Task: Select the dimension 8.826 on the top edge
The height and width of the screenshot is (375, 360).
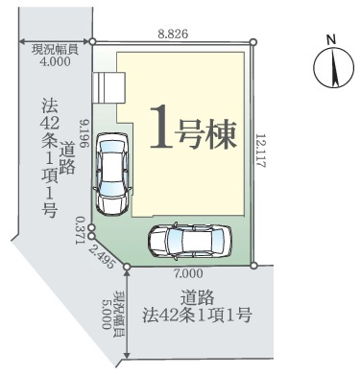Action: [x=174, y=32]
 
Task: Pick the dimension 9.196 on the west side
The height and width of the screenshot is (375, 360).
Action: [x=86, y=134]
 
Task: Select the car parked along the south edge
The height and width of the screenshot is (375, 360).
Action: [x=190, y=243]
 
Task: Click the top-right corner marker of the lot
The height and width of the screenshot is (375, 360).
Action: [x=252, y=41]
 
